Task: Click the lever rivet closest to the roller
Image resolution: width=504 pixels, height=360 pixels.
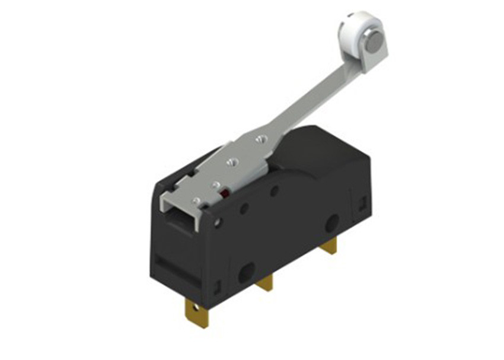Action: pos(259,139)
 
